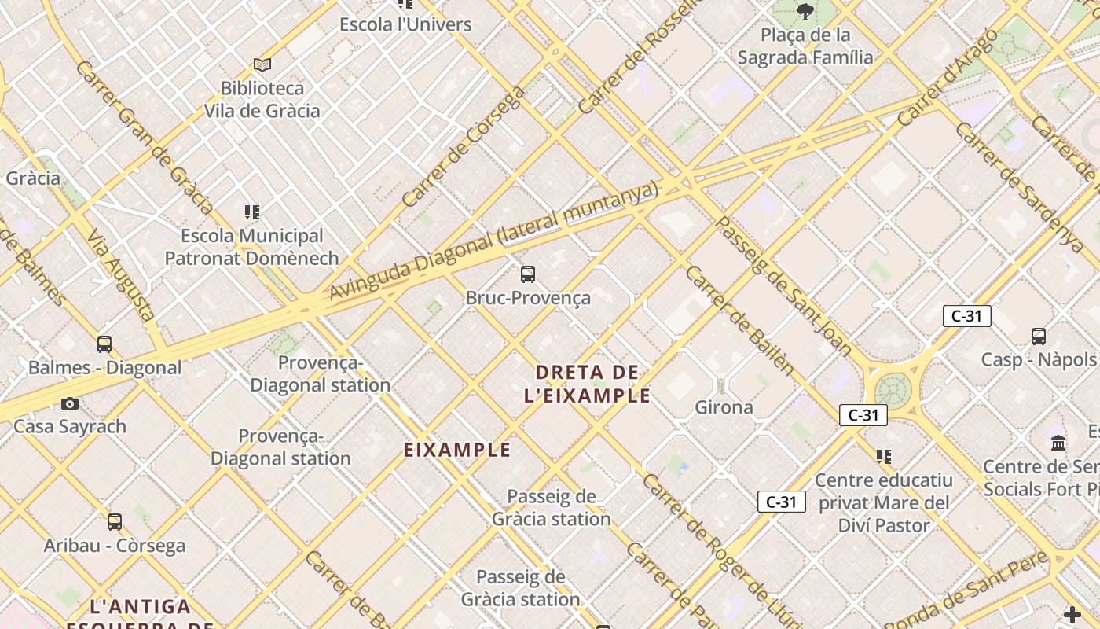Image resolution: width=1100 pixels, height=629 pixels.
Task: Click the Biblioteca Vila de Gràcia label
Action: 262,99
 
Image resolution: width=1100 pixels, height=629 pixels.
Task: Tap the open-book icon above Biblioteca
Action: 262,64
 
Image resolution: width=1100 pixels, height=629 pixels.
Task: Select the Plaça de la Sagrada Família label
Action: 805,46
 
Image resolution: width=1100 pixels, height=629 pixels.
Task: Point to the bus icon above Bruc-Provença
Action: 528,274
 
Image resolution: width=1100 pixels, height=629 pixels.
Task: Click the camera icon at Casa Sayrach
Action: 70,403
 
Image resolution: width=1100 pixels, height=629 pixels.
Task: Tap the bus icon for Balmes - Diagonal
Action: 104,344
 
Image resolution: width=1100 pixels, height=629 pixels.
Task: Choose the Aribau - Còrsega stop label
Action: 115,545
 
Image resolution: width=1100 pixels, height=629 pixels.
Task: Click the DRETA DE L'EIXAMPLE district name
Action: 588,384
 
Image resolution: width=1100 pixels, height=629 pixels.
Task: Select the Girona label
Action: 724,407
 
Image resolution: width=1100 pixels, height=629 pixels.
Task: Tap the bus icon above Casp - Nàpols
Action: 1039,337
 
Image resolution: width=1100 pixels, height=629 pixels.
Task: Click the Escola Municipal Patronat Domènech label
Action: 251,247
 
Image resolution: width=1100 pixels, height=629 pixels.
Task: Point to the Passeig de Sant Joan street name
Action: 783,286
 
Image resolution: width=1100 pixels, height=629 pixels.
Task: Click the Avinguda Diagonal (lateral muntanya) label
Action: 493,241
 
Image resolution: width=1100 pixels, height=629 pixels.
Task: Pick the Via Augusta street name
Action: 120,274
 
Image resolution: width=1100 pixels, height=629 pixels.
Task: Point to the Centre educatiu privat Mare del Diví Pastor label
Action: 884,502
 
